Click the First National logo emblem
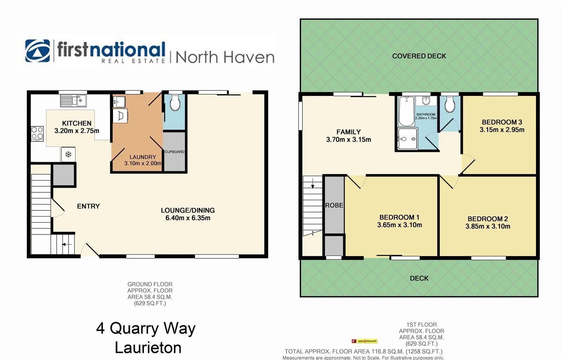click(x=38, y=51)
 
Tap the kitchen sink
click(x=73, y=101)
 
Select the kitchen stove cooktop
click(x=37, y=133)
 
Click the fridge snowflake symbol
click(x=68, y=154)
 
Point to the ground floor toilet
click(x=175, y=103)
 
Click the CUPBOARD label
click(x=175, y=152)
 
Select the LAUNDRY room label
click(x=143, y=157)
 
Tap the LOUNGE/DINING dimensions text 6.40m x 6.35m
click(x=188, y=218)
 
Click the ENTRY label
click(x=89, y=206)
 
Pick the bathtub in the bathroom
click(x=406, y=111)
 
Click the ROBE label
click(x=334, y=205)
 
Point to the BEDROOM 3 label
click(x=502, y=122)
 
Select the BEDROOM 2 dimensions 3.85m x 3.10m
click(x=488, y=226)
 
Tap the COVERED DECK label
click(x=419, y=56)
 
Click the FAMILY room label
click(x=348, y=132)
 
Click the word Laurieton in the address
click(x=148, y=348)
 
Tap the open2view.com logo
click(x=364, y=341)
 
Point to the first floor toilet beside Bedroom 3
click(x=450, y=104)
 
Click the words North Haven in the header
click(x=225, y=57)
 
